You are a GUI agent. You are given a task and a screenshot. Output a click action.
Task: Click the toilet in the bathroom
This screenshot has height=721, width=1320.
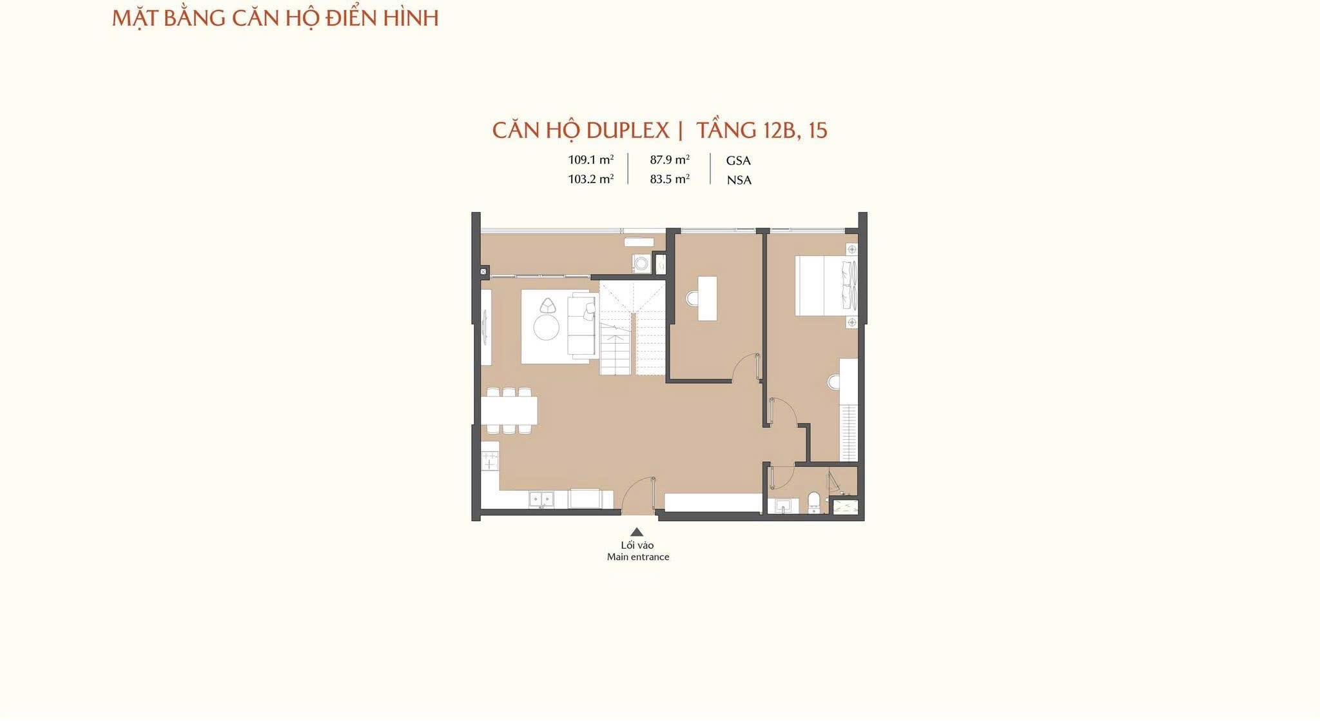pyautogui.click(x=814, y=502)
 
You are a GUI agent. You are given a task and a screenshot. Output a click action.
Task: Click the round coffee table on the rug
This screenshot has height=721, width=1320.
pyautogui.click(x=547, y=327)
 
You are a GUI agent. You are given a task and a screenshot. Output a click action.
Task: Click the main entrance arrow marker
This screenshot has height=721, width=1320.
pyautogui.click(x=637, y=532)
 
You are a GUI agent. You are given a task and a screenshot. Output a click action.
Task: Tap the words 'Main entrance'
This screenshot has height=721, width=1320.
pyautogui.click(x=638, y=557)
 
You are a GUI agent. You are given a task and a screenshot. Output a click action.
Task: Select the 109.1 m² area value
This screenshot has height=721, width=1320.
pyautogui.click(x=590, y=160)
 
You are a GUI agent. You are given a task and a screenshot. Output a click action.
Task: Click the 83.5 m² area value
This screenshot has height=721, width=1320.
pyautogui.click(x=670, y=179)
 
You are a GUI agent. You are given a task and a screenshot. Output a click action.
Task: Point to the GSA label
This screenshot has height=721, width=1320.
pyautogui.click(x=739, y=161)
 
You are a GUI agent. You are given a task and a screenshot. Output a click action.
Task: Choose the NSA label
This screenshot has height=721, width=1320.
pyautogui.click(x=739, y=181)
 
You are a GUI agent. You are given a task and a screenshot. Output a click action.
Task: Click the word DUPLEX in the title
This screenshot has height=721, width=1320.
pyautogui.click(x=627, y=131)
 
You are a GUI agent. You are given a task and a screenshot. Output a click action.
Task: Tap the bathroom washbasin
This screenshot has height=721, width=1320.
pyautogui.click(x=784, y=505)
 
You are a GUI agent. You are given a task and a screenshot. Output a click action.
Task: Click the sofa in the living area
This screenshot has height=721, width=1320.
pyautogui.click(x=583, y=324)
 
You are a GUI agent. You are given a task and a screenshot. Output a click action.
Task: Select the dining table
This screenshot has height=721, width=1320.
pyautogui.click(x=509, y=410)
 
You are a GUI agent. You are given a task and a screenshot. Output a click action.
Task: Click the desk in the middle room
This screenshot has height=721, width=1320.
pyautogui.click(x=707, y=299)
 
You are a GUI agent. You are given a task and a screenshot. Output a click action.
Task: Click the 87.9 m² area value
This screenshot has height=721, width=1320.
pyautogui.click(x=670, y=160)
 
